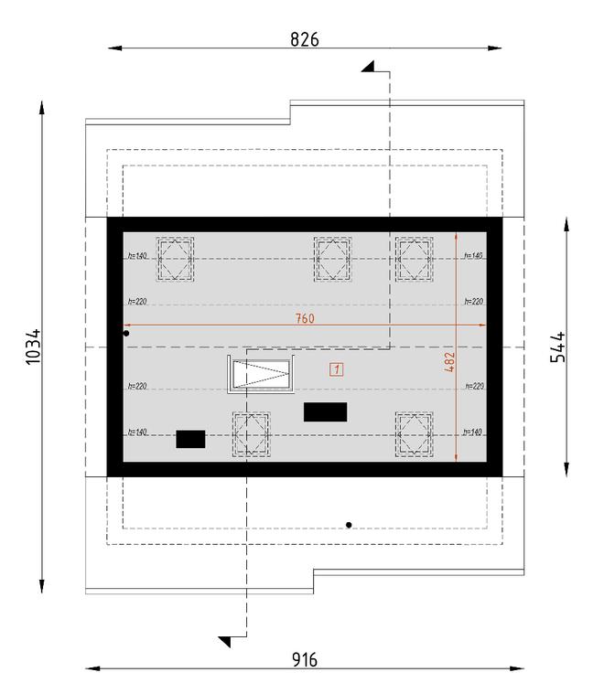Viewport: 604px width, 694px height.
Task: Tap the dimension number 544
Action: coord(557,347)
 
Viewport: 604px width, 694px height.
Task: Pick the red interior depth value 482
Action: coord(448,362)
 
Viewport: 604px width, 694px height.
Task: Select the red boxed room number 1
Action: coord(337,369)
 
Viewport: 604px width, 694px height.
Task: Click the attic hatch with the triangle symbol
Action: coord(261,375)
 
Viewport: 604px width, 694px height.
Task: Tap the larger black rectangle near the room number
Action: coord(325,412)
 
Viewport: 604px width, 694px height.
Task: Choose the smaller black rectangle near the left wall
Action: coord(190,440)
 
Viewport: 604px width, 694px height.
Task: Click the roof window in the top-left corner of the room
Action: coord(175,258)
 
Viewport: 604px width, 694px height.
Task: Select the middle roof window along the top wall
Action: coord(332,258)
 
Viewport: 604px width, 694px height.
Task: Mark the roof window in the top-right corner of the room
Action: coord(414,258)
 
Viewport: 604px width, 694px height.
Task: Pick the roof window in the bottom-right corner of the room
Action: coord(414,432)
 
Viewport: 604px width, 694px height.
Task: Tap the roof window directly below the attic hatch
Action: coord(251,432)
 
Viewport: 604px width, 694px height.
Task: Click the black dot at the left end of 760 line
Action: coord(126,334)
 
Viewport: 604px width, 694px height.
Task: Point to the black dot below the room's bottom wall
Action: coord(349,525)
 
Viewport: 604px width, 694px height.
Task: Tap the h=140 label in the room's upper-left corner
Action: coord(137,256)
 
